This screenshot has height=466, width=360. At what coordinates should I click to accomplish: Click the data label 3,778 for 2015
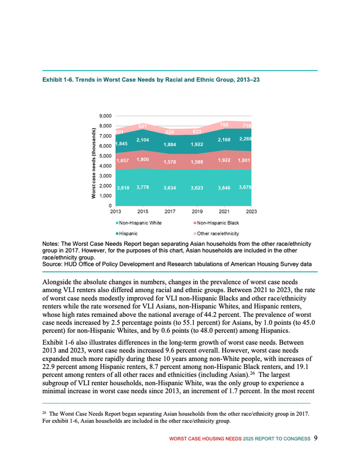142,187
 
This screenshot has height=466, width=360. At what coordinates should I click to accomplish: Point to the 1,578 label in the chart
170,162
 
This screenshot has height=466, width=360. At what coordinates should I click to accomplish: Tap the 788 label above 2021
224,125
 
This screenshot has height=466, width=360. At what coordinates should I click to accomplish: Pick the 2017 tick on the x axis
170,211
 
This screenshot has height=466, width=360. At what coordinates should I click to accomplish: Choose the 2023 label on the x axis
251,211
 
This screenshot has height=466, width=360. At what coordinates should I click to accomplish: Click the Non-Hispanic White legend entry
139,223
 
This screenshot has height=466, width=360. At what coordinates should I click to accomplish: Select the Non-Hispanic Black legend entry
217,223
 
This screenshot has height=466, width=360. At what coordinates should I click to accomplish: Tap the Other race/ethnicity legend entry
219,234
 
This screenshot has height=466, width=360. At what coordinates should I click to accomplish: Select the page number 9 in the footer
315,438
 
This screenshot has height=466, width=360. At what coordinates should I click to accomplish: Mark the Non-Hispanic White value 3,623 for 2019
197,188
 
